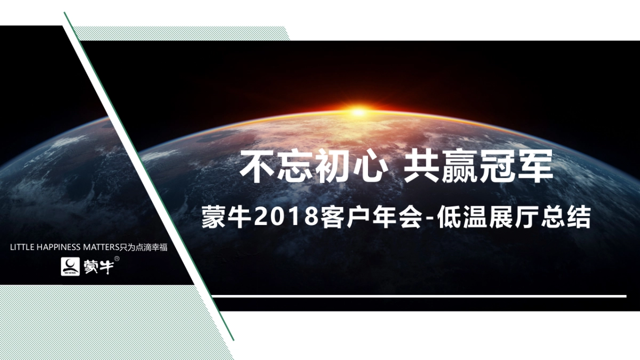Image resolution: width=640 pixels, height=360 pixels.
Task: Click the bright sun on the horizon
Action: (358, 111)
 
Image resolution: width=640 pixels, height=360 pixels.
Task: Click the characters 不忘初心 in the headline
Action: (313, 166)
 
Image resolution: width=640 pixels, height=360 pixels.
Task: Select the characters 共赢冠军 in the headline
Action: (478, 166)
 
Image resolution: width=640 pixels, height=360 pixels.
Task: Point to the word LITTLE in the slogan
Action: (22, 247)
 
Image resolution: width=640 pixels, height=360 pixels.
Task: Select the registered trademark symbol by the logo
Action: (117, 259)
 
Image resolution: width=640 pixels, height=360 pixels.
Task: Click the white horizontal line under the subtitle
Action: (419, 296)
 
